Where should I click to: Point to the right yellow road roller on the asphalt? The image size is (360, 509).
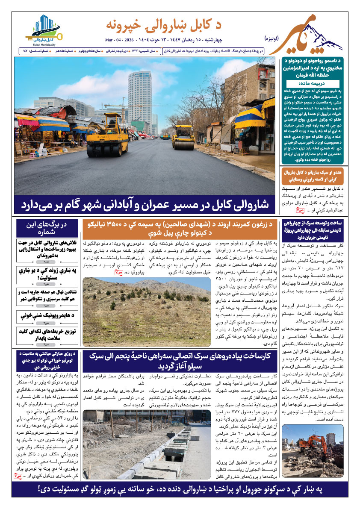(x=183, y=136)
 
